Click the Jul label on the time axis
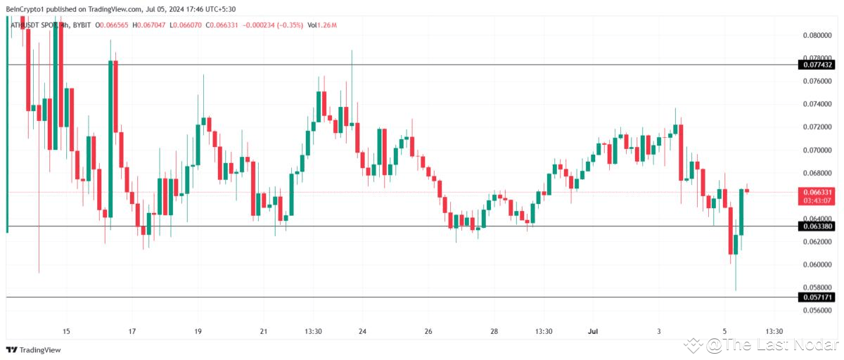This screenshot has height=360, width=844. point(592,331)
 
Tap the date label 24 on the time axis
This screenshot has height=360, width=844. point(362,331)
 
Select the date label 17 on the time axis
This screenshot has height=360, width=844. point(132,331)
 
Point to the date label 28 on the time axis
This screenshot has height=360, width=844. point(494,331)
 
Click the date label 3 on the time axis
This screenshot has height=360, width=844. point(659,331)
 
